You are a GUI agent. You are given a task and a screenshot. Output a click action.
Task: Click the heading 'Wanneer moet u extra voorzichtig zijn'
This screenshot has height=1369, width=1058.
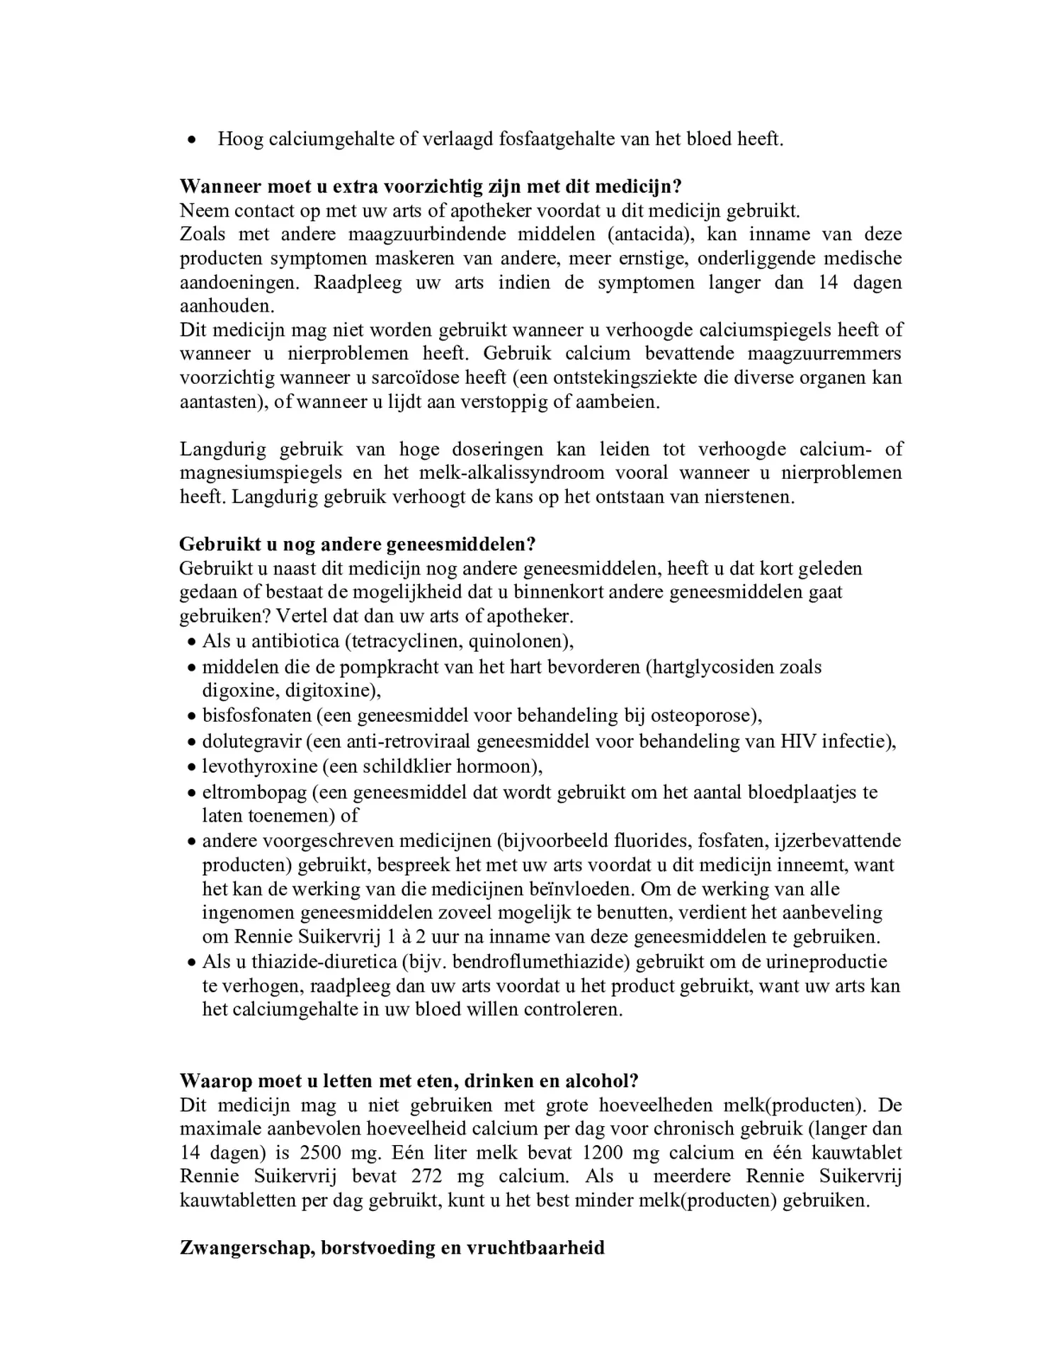(x=430, y=186)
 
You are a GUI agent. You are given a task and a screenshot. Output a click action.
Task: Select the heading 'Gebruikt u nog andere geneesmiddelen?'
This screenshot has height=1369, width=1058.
(x=357, y=544)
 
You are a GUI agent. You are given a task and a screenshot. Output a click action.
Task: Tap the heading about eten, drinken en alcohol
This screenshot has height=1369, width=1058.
(x=409, y=1081)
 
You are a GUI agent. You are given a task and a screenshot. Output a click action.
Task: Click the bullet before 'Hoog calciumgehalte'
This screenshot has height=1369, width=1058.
(x=190, y=140)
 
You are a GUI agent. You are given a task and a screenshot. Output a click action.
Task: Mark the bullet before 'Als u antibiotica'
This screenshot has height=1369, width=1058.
(x=191, y=643)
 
